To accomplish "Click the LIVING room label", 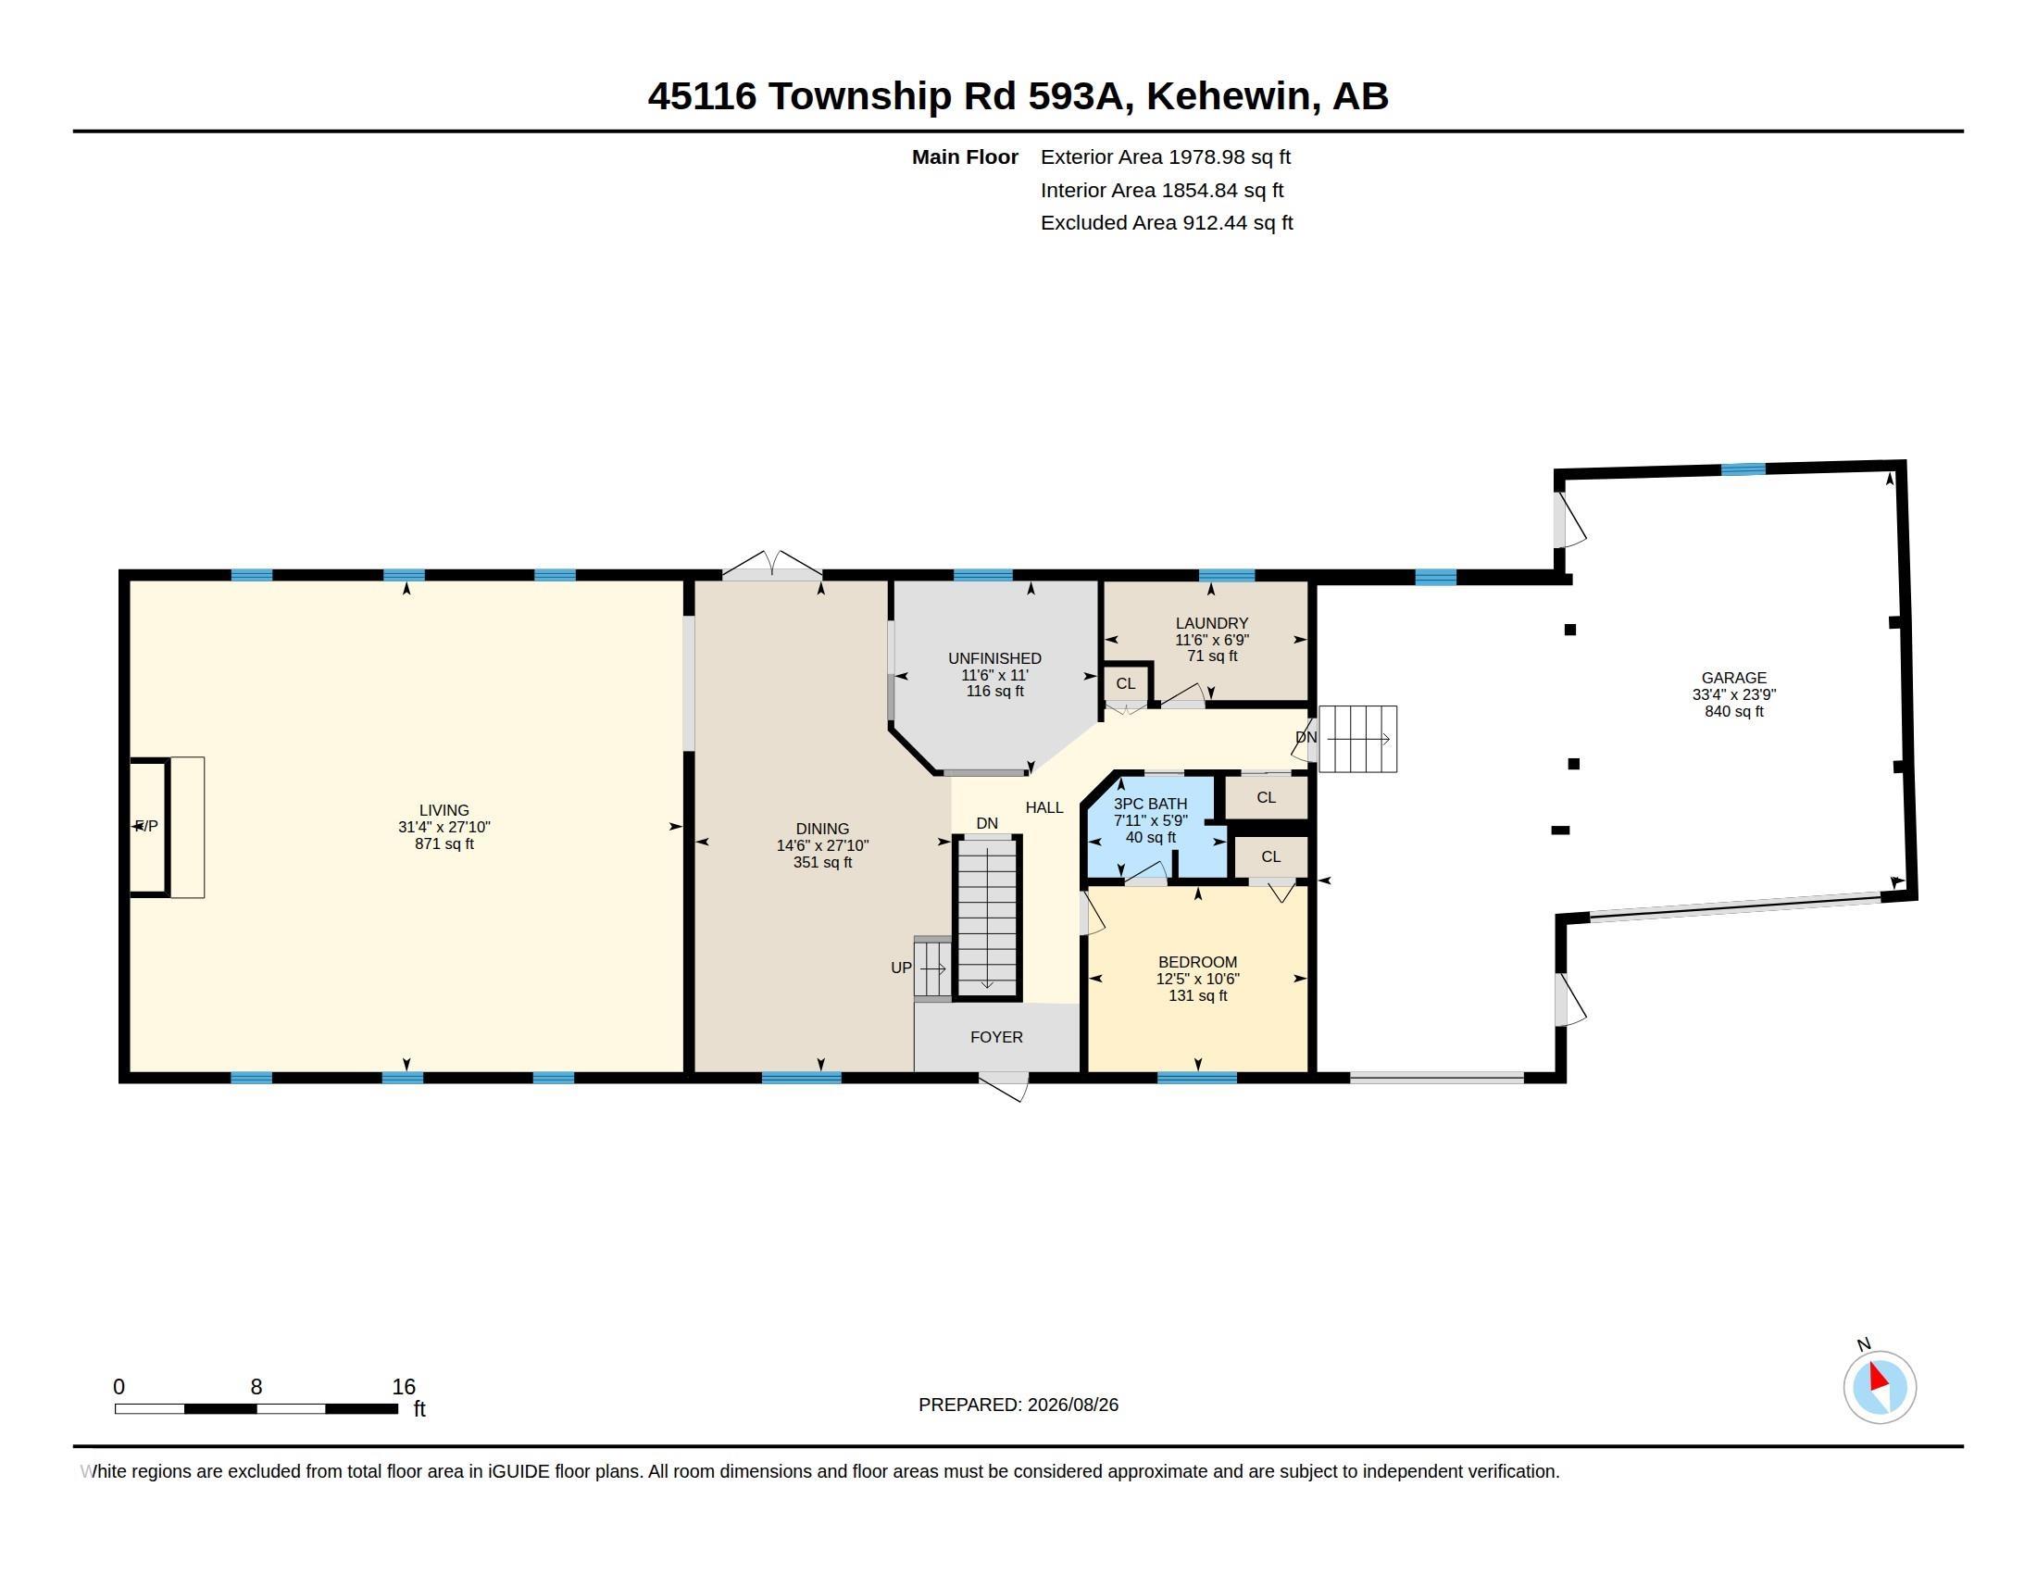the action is coord(444,810).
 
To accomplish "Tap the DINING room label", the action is coord(821,828).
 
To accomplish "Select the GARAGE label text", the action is coord(1733,678).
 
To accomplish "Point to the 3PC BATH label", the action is coord(1150,804).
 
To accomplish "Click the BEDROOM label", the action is coord(1197,962).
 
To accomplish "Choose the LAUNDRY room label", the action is coord(1212,623).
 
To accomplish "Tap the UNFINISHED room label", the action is coord(994,658).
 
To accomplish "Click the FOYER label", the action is coord(996,1037).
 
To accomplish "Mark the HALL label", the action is coord(1043,807).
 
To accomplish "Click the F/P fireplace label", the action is coord(146,826).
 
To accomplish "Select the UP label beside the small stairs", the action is coord(901,968).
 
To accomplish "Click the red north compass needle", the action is coord(1878,1378).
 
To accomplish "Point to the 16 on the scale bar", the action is coord(403,1387).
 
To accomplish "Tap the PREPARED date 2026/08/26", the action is coord(1072,1405).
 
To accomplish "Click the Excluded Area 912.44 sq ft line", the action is coord(1167,223).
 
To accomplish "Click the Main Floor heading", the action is coord(965,156).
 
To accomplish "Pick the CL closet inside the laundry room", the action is coord(1126,683).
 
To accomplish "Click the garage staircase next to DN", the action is coord(1358,739).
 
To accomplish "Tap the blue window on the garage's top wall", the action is coord(1743,470).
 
